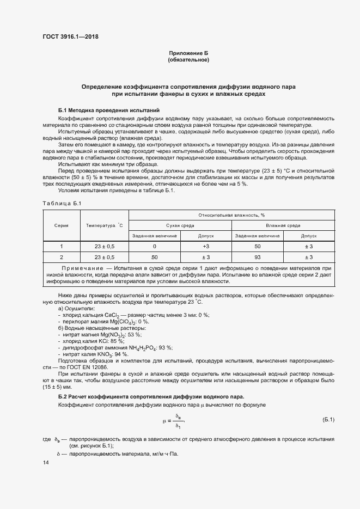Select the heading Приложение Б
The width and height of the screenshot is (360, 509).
pos(188,53)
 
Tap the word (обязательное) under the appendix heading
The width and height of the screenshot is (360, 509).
pos(188,59)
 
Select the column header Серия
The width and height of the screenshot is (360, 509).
pos(61,225)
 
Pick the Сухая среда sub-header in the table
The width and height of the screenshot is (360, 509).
pos(180,225)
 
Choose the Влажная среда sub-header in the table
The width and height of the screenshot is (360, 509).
pos(283,225)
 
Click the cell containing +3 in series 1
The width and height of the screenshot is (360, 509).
pos(206,246)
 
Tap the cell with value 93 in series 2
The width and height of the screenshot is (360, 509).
pos(257,257)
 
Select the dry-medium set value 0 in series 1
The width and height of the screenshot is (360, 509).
pos(155,246)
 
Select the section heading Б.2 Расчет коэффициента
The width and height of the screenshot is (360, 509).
pos(151,396)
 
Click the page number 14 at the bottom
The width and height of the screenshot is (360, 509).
pos(46,462)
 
